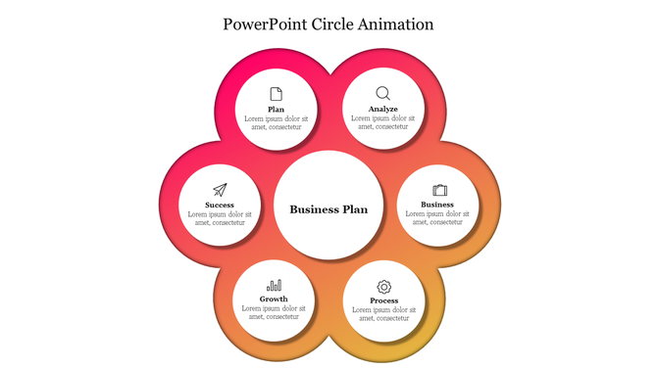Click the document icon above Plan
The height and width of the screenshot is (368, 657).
(x=277, y=94)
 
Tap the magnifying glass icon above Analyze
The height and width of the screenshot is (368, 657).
(x=382, y=93)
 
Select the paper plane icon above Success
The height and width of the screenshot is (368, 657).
(x=220, y=190)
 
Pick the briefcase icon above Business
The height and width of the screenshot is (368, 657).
(x=439, y=190)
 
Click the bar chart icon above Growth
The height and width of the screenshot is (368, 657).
(x=275, y=285)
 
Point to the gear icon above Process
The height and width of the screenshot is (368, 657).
(x=383, y=286)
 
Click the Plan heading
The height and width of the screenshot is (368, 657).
(x=277, y=109)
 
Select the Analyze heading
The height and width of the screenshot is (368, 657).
(x=383, y=109)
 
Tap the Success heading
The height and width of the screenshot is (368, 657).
(x=220, y=205)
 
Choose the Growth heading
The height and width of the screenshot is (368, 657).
(x=275, y=299)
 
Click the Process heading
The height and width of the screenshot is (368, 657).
(x=383, y=299)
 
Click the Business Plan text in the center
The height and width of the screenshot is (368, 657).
(x=328, y=208)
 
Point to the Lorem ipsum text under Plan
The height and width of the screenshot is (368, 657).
(x=277, y=122)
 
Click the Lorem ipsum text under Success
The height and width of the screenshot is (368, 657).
(x=220, y=218)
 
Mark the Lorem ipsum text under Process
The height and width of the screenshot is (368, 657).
(x=383, y=313)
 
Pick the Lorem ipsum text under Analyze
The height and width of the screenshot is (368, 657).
(x=383, y=122)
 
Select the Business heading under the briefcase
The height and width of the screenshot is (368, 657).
(x=437, y=205)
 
